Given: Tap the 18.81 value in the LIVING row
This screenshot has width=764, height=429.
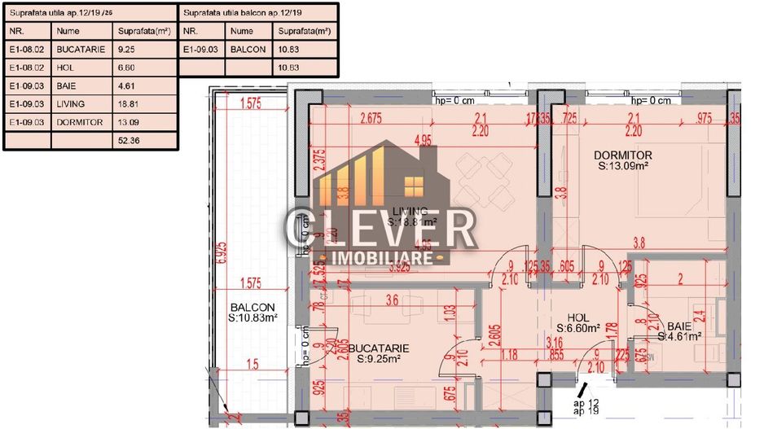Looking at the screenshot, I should [131, 104].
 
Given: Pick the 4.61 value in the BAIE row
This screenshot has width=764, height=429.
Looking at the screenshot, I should [128, 85].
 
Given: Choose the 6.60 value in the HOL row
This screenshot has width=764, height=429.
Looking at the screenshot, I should [128, 68].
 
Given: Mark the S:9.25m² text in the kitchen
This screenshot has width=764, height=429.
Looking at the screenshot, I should [384, 358].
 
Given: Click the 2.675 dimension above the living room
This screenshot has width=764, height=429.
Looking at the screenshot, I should [371, 118].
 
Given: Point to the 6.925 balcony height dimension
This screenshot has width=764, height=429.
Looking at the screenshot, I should [222, 252].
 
